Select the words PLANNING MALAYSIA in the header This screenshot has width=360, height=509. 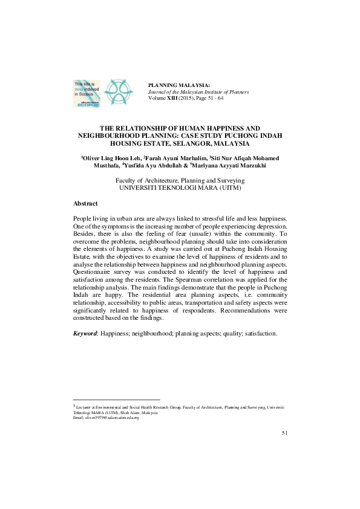(176, 85)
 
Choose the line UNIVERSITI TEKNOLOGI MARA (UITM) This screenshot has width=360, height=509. (180, 188)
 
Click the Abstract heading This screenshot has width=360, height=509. (85, 204)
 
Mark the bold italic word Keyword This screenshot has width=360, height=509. (85, 333)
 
